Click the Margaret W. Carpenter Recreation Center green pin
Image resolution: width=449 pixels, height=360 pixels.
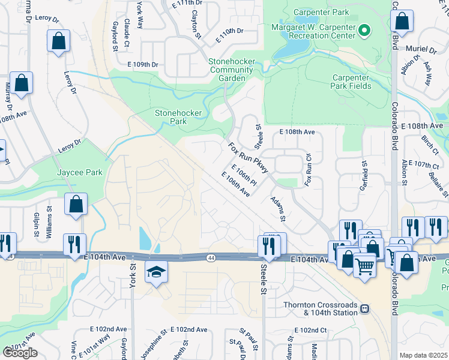pos(364,29)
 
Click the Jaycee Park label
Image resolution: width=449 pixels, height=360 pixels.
pos(79,172)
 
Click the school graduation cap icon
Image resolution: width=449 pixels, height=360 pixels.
pos(156,272)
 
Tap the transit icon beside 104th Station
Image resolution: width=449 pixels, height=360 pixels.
pos(364,309)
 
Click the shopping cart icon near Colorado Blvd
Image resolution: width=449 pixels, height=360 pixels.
pos(365,263)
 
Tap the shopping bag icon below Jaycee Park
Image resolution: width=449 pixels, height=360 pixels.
pos(76,204)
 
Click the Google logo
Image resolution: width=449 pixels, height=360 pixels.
pos(19,353)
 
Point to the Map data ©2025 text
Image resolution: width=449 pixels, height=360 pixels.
pos(424,355)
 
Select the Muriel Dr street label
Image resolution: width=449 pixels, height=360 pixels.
pos(421,49)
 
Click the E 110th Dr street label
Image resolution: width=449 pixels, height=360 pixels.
pos(230,31)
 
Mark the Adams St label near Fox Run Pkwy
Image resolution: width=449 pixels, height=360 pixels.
pos(278,208)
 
